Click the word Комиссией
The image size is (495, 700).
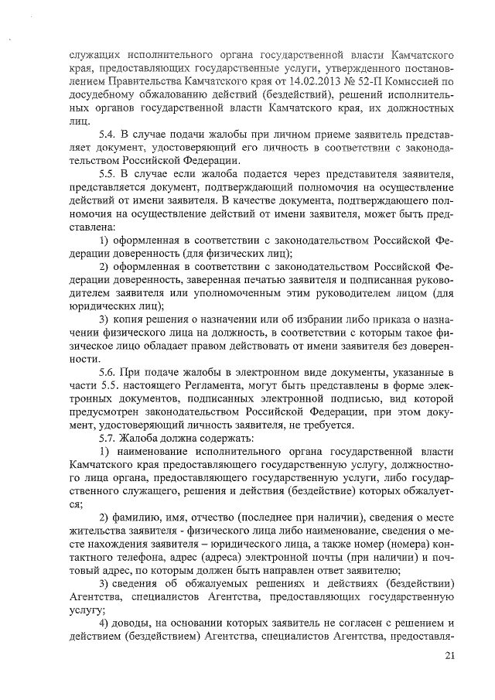(417, 82)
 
